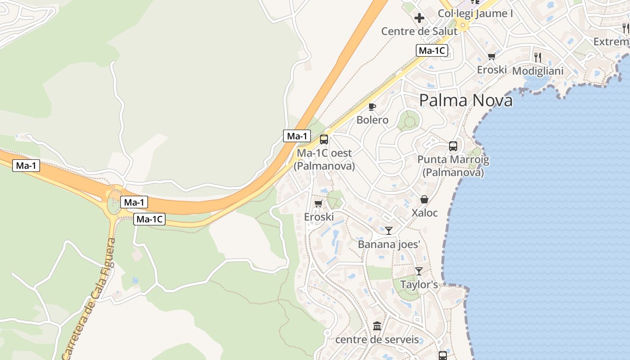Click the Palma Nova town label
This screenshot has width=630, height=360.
coord(466,100)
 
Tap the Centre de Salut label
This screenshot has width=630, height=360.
coord(419,31)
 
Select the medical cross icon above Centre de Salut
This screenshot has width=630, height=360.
coord(419,18)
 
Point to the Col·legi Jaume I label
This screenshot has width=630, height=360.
coord(475,13)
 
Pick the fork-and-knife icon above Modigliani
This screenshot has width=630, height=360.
coord(537,57)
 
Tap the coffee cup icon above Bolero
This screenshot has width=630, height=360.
coord(372,107)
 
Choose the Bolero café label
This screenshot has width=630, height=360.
coord(372,120)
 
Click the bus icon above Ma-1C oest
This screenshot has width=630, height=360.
coord(324,139)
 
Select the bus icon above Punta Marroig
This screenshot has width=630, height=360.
coord(453,146)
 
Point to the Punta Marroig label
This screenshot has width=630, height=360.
coord(453,166)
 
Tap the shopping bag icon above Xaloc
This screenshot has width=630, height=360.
coord(424,199)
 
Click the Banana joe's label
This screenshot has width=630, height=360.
coord(389,244)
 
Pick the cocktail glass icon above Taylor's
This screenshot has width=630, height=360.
coord(419,271)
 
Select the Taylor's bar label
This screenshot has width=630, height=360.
coord(419,284)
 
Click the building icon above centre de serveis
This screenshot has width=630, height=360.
coord(377,326)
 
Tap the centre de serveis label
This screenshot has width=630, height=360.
coord(377,339)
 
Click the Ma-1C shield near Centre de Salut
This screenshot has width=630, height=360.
coord(432,50)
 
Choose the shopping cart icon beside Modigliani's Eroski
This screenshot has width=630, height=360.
coord(491,57)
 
